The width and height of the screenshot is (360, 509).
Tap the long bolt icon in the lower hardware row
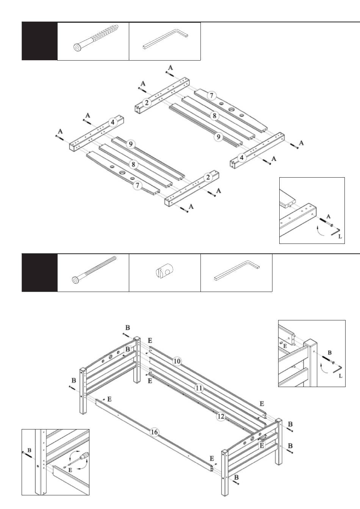click(94, 269)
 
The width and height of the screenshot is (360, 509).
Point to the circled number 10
click(177, 361)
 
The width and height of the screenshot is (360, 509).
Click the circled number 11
click(199, 388)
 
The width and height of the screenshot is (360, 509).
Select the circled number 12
click(221, 417)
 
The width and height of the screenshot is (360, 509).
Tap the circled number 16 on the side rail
click(154, 432)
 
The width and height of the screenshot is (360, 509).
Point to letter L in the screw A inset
click(340, 236)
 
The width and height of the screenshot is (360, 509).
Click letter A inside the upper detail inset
click(328, 216)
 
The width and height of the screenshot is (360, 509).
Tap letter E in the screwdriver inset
click(70, 471)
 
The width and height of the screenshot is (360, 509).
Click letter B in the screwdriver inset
click(29, 450)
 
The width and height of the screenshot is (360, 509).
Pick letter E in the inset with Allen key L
click(285, 346)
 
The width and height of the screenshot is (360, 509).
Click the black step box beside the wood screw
click(39, 41)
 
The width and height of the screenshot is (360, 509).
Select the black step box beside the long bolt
click(39, 273)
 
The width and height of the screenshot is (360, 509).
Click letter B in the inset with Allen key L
click(330, 353)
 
